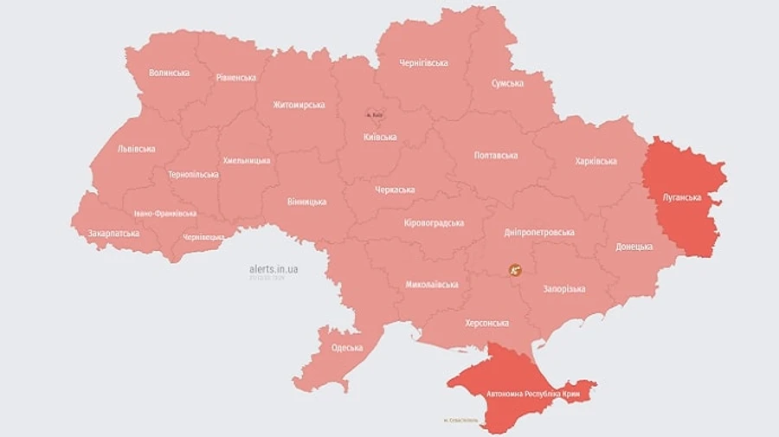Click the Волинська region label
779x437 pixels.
coord(169,73)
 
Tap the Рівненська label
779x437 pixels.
coord(235,77)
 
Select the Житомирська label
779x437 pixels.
coord(299,105)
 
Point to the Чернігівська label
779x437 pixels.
coord(423,63)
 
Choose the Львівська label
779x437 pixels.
coord(137,149)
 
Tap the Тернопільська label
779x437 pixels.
coord(193,174)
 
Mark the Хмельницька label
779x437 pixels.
coord(246,160)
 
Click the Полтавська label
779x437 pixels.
coord(496,156)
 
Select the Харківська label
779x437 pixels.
coord(596,162)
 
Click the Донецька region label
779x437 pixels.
coord(634,247)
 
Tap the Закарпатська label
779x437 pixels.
coord(113,234)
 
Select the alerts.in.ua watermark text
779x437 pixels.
coord(273,269)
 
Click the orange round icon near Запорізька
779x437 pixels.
coord(515,270)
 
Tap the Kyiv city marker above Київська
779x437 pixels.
coord(375,114)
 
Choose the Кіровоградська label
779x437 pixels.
coord(434,222)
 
